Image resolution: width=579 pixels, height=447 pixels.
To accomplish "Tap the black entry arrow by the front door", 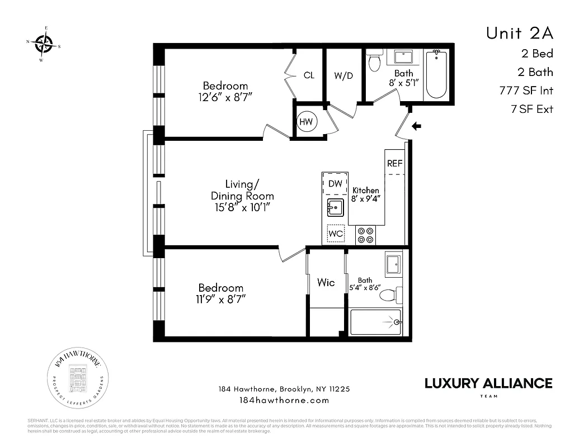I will pos(416,126).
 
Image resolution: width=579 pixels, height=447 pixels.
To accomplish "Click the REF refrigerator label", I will pos(394,164).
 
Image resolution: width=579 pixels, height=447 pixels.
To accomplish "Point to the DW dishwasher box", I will pos(335,183).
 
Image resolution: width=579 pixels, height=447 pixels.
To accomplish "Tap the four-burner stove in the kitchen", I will pos(366,235).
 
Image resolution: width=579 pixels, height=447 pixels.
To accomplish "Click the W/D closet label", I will pos(343,76).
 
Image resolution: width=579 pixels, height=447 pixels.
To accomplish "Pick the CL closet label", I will pos(309,75).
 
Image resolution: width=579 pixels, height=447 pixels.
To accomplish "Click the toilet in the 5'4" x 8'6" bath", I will pos(396,294).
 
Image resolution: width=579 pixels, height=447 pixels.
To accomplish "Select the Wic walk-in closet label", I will pos(326,283).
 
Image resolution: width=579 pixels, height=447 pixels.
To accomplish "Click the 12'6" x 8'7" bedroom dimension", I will pos(225,97).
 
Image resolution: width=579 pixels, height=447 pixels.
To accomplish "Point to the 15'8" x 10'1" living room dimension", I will pos(242,207).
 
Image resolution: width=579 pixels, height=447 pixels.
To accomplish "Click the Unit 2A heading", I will pos(519,33).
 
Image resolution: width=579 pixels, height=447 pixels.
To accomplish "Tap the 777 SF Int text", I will pos(526,91).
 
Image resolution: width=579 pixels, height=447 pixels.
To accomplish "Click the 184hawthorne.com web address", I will pos(284,400).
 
